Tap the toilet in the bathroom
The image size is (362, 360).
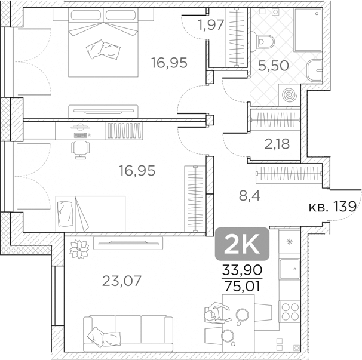click(x=266, y=41)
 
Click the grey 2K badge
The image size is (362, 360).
click(x=243, y=243)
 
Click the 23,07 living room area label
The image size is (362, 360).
click(x=122, y=280)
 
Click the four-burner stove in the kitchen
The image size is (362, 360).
click(x=290, y=312)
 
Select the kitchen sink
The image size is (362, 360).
click(x=290, y=269)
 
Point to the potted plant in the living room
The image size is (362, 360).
click(x=78, y=248)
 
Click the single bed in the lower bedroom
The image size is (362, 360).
click(x=90, y=213)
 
